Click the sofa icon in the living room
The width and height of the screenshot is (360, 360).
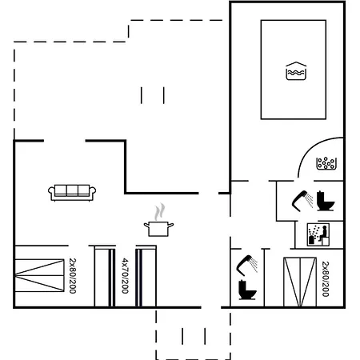tap(72, 193)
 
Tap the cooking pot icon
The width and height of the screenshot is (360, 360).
tap(158, 229)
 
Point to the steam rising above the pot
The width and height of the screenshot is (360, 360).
tap(159, 212)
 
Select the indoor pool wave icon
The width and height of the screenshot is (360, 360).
tap(296, 71)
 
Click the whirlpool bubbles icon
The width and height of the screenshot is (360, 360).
tap(326, 163)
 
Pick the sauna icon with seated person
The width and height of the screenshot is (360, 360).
tap(318, 234)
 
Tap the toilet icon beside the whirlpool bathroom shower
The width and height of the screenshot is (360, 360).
tap(326, 201)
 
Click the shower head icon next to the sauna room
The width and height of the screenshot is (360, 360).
tap(302, 201)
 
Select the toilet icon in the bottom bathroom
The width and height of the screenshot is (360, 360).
tap(247, 290)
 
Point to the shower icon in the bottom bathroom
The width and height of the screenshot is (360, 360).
tap(247, 266)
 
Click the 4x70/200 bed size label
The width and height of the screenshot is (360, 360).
tap(125, 276)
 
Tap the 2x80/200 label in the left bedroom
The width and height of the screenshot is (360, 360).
tap(73, 276)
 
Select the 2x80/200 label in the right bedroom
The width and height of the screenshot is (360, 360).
tap(326, 279)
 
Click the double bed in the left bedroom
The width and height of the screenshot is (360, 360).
tap(39, 275)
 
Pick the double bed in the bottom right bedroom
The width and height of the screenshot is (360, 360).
tap(300, 282)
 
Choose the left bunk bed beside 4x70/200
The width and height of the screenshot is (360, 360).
tap(105, 278)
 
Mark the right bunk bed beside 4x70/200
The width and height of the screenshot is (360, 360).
tap(146, 278)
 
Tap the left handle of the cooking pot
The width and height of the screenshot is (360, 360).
tap(146, 226)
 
